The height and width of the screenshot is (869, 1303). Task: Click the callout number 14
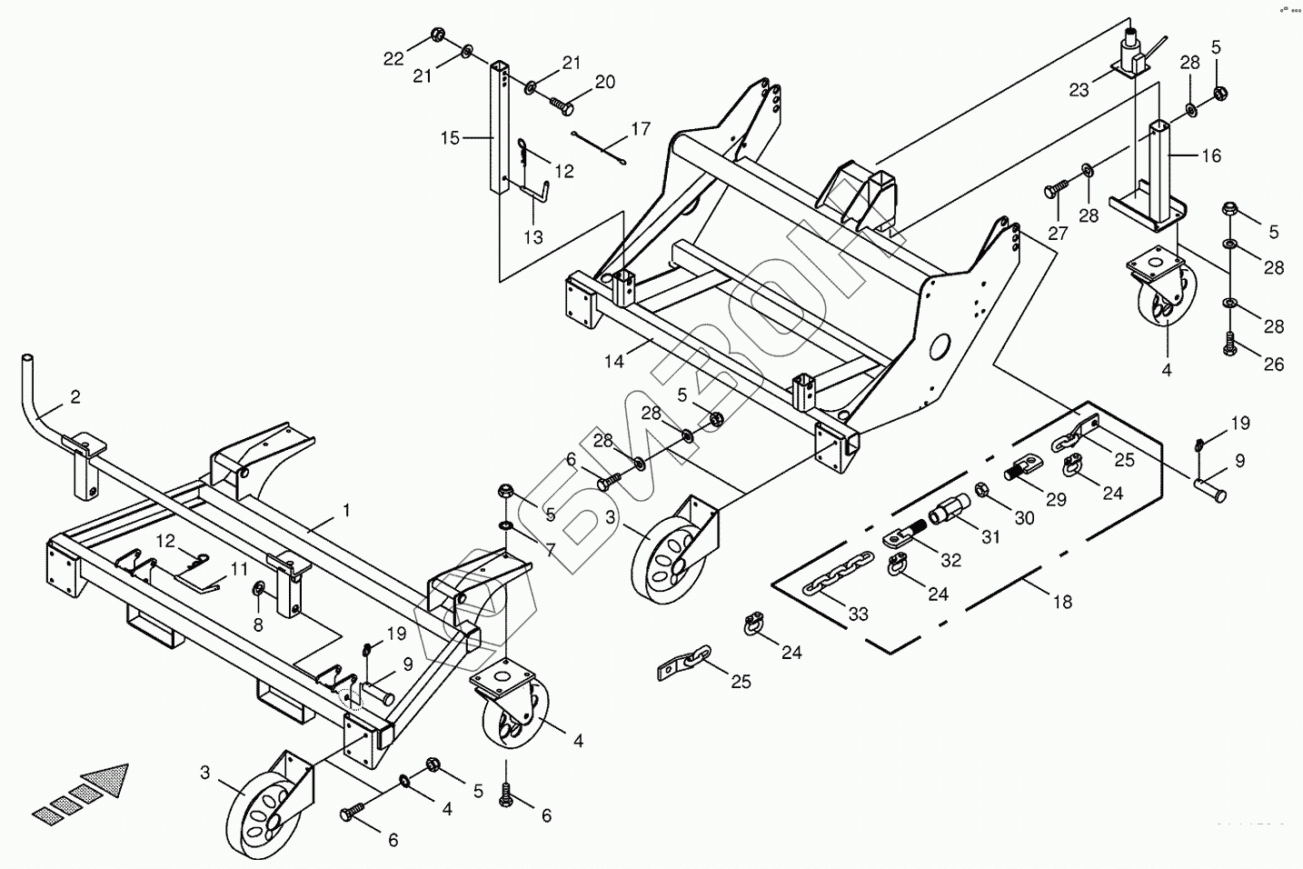point(614,362)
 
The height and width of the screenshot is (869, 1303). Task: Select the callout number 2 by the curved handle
point(75,396)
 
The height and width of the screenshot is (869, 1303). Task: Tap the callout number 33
point(858,614)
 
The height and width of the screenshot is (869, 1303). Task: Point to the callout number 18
point(1061,602)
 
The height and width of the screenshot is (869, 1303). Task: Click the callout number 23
point(1079,90)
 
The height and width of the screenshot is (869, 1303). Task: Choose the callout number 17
point(641,128)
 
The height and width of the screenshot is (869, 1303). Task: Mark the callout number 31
point(990,537)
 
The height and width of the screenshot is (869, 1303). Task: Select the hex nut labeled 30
point(983,492)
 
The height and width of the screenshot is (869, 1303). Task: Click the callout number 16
point(1212,156)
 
